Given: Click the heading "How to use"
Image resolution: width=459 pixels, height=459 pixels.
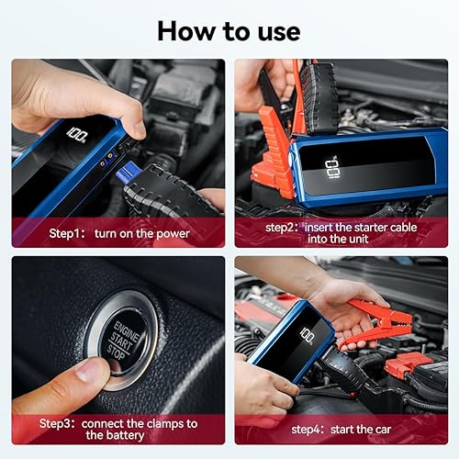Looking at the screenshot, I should point(229,29).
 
